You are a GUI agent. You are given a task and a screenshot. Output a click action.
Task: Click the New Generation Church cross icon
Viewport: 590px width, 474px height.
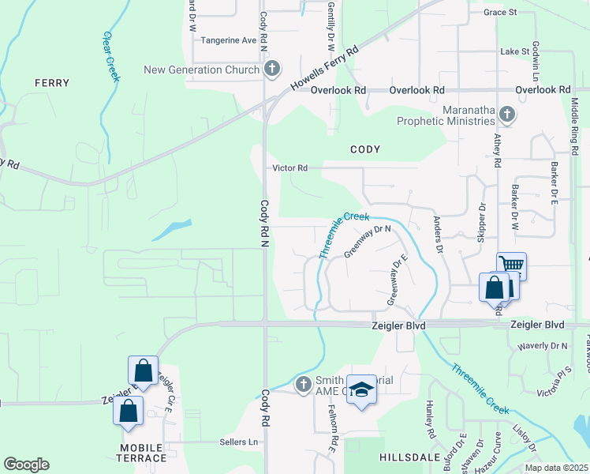[272, 70]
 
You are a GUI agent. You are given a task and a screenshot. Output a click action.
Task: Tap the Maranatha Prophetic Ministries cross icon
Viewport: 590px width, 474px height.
[507, 115]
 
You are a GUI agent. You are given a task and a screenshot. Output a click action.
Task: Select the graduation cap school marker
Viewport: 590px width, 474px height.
[361, 389]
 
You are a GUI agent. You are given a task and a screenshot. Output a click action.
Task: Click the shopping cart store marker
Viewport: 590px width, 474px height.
[512, 265]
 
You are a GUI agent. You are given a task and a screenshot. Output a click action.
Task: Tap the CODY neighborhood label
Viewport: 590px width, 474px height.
[365, 149]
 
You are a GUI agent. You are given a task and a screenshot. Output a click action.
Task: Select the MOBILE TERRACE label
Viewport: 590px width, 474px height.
[143, 453]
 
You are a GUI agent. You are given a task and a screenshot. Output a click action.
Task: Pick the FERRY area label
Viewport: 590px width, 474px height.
[52, 83]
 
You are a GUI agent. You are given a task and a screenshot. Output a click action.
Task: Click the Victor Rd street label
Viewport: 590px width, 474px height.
[289, 167]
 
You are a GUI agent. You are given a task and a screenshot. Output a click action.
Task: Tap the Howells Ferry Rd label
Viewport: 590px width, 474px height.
[324, 68]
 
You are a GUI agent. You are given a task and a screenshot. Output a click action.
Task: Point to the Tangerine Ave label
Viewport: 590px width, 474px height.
[229, 40]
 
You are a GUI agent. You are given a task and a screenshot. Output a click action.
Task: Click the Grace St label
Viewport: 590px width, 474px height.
[499, 13]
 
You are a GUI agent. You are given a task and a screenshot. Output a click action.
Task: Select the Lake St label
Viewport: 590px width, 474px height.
[514, 51]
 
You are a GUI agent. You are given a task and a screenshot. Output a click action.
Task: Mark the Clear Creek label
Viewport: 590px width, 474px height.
[110, 56]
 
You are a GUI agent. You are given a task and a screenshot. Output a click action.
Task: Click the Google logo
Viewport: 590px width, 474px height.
[26, 465]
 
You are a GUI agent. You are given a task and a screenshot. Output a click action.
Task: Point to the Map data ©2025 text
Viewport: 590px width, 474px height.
[556, 468]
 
